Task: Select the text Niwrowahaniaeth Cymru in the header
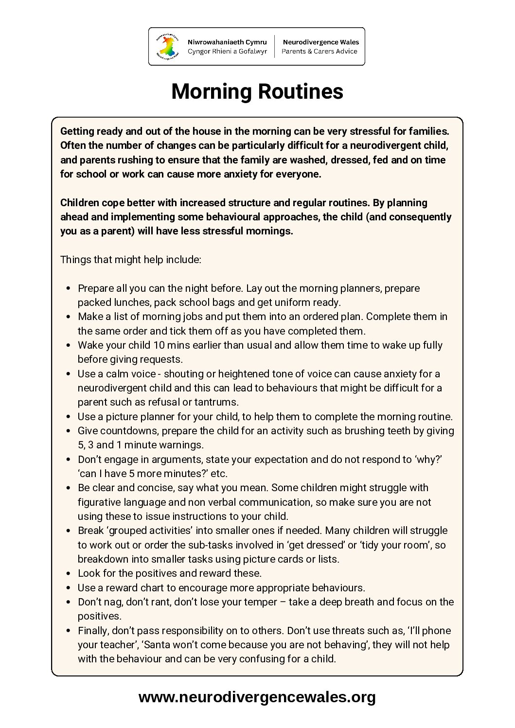click(227, 42)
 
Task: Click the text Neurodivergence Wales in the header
click(320, 42)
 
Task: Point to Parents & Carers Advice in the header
click(320, 51)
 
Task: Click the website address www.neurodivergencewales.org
click(257, 697)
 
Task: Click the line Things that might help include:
click(130, 260)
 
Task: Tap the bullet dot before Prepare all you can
click(68, 288)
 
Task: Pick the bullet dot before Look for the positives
click(68, 574)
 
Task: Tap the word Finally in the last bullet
click(93, 631)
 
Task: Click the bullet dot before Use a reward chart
click(68, 588)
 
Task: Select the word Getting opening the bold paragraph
click(77, 131)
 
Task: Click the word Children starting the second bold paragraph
click(79, 203)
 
